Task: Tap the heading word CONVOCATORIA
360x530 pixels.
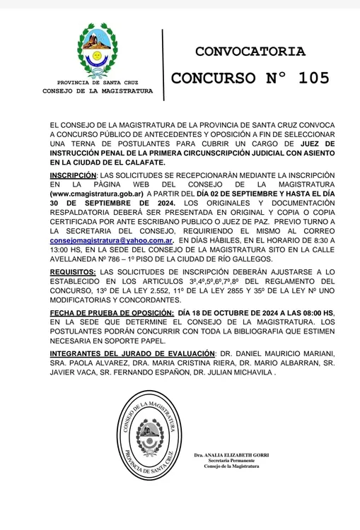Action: [x=250, y=51]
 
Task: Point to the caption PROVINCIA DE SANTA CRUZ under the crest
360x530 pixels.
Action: [x=98, y=83]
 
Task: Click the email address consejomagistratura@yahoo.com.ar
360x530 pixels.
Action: [x=112, y=239]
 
